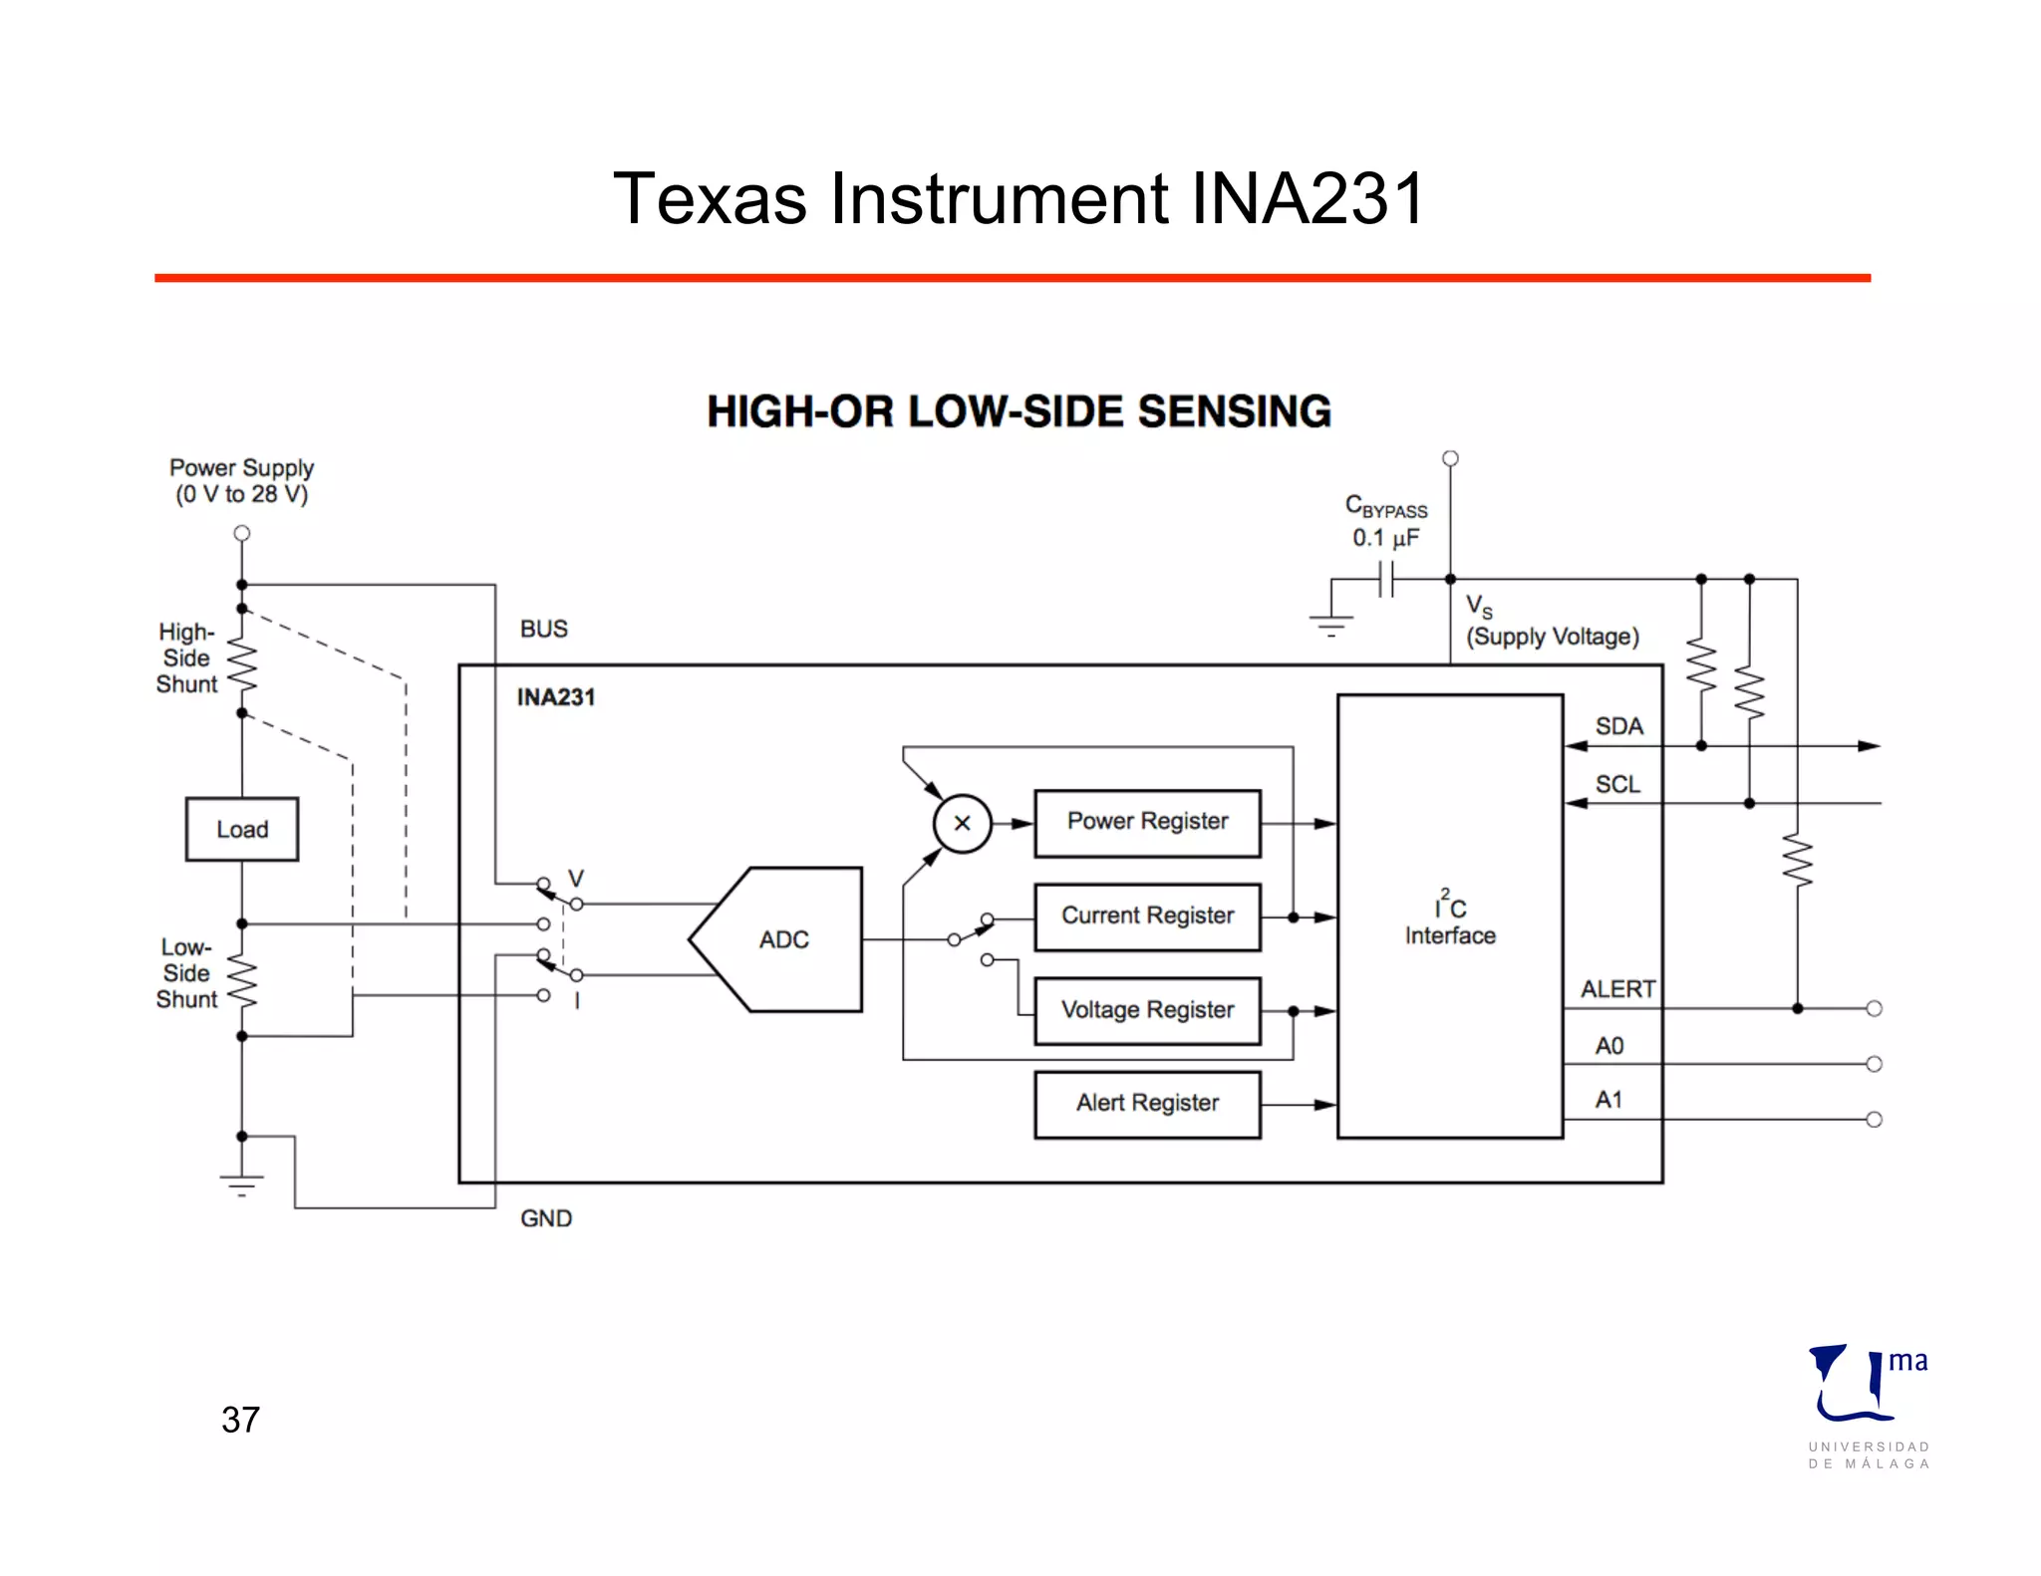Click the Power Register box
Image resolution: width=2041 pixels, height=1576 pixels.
(x=1147, y=823)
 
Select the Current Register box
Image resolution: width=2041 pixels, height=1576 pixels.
(x=1147, y=917)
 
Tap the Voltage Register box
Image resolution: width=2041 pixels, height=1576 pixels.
(x=1147, y=1010)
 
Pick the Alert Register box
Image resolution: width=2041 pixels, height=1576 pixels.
(x=1147, y=1104)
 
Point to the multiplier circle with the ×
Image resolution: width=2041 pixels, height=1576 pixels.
(x=962, y=824)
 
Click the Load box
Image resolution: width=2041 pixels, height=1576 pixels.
(x=242, y=829)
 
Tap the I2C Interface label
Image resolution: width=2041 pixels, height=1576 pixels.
(x=1450, y=920)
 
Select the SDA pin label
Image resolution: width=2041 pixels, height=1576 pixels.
(x=1618, y=726)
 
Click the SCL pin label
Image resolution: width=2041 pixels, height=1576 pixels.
(x=1617, y=784)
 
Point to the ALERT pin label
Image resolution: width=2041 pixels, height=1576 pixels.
(x=1617, y=989)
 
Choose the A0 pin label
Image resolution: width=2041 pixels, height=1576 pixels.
(x=1609, y=1045)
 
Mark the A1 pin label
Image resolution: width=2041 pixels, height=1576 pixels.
(x=1608, y=1100)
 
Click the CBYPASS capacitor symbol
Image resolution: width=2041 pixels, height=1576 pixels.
(x=1385, y=579)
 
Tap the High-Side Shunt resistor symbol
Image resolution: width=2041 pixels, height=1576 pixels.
(x=242, y=660)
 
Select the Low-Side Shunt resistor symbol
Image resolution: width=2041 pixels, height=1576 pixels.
(x=242, y=980)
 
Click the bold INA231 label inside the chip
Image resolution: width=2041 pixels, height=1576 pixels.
(x=555, y=697)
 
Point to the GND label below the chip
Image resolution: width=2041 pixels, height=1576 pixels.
(x=546, y=1218)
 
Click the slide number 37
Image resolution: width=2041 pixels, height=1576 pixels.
(x=240, y=1420)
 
